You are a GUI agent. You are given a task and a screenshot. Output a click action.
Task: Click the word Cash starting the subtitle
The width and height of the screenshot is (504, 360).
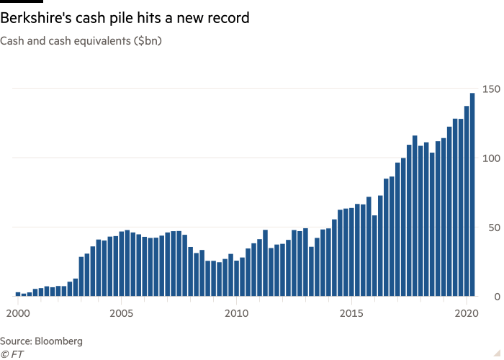(x=12, y=41)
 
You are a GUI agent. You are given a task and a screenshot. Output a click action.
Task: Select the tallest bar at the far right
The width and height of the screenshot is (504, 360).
(x=472, y=194)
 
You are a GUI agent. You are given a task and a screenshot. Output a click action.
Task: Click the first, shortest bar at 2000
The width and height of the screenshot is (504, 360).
(x=18, y=294)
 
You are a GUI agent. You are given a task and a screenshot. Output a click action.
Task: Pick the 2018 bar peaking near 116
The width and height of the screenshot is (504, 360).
(x=415, y=216)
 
